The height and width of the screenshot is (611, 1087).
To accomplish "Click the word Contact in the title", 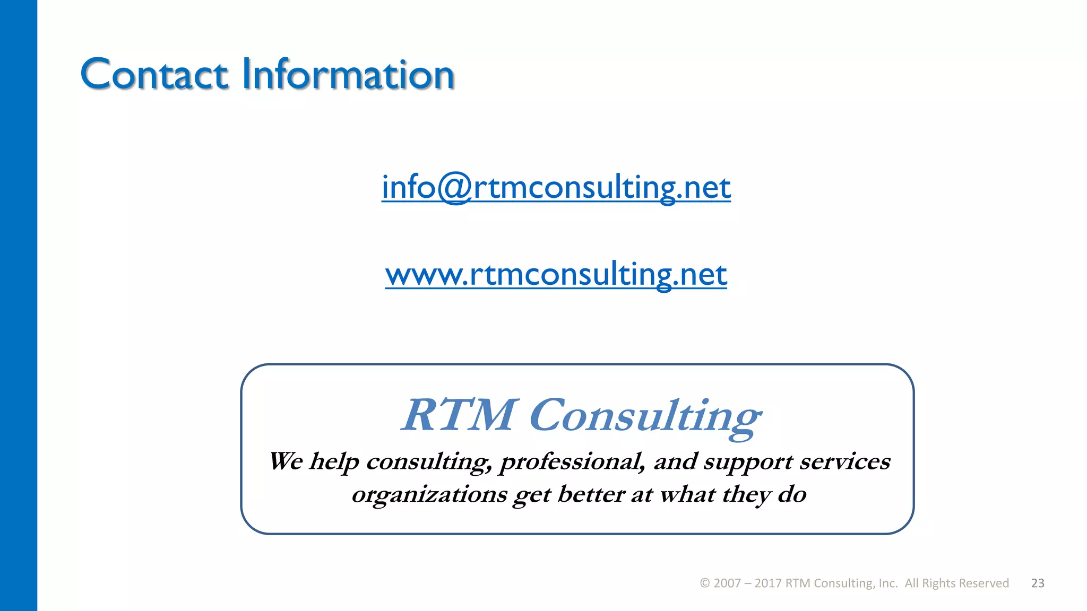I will click(x=154, y=74).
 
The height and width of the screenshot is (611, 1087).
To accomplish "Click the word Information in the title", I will click(x=348, y=74).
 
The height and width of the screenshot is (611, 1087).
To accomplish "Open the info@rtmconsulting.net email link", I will click(x=556, y=187).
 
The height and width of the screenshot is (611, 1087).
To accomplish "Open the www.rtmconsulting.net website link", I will click(x=556, y=274).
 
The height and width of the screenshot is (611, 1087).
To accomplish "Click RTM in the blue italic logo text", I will click(x=458, y=415).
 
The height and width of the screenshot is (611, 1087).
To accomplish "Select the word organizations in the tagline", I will click(x=429, y=495).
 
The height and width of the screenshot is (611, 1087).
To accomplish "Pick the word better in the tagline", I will click(x=590, y=494).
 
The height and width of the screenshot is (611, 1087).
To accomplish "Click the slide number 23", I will click(x=1038, y=583).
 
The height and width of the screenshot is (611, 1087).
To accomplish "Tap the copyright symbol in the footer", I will click(x=705, y=583).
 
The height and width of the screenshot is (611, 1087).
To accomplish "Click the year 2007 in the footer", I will click(x=727, y=583).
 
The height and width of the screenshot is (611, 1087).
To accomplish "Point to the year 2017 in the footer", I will click(x=768, y=583).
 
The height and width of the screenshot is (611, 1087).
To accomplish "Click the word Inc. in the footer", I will click(x=888, y=583).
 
